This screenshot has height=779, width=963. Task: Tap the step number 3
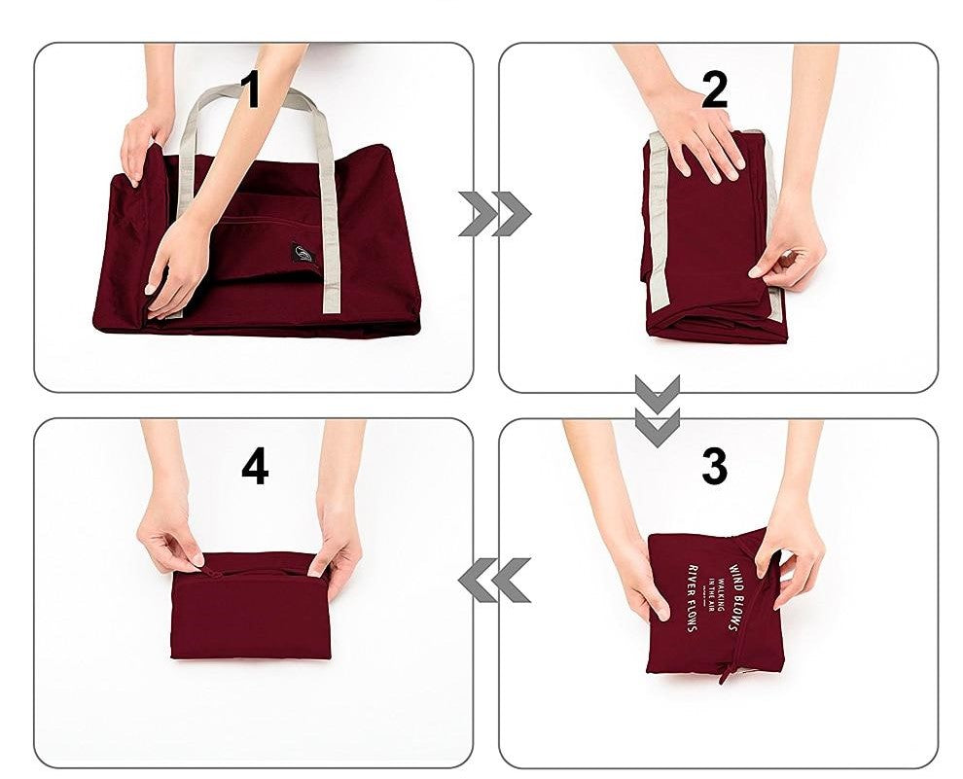pos(714,468)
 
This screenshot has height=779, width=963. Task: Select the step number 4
pos(255,468)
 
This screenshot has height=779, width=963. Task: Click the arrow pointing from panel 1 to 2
pos(494,214)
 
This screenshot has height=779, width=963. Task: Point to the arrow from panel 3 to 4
pos(494,581)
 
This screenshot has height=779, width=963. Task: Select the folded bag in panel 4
pos(252,608)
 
